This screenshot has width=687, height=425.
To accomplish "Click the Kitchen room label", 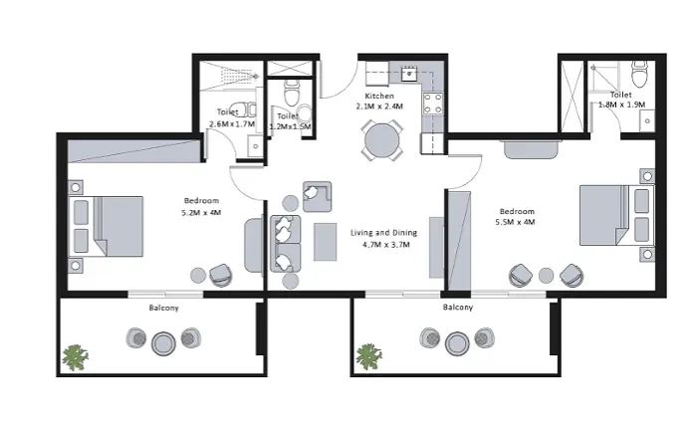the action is point(379,96).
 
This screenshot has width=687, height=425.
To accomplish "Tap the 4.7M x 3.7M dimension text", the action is point(386,245).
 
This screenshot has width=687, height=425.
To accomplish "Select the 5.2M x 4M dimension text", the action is point(201,213).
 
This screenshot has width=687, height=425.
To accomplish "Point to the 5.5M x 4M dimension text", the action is point(516,222).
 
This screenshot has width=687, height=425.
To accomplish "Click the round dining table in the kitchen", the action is point(382,140).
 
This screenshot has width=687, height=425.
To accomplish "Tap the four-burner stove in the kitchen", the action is point(432,104).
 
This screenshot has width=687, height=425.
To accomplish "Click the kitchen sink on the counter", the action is point(409,74).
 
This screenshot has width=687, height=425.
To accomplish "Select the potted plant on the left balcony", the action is point(75,357).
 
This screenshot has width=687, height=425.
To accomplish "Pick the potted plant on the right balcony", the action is point(369,356).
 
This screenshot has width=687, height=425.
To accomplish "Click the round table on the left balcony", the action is point(163,343).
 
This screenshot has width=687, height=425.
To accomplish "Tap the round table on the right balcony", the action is point(457,342).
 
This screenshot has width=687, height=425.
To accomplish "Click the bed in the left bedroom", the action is point(106,226).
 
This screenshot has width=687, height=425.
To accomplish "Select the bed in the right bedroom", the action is point(617,215).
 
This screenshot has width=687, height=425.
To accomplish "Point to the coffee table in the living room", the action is point(326,242).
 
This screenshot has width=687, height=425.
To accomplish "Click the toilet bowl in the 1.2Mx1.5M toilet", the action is point(292,92).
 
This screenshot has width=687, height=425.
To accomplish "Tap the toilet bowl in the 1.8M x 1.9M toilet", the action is point(640,74).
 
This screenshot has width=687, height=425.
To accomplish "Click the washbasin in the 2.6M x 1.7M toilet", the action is point(255,146).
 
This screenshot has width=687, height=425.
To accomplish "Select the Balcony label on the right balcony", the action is point(458,308).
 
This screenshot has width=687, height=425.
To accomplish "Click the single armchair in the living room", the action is point(317,197).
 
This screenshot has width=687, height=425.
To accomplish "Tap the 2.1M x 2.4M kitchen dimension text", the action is point(379,106).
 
